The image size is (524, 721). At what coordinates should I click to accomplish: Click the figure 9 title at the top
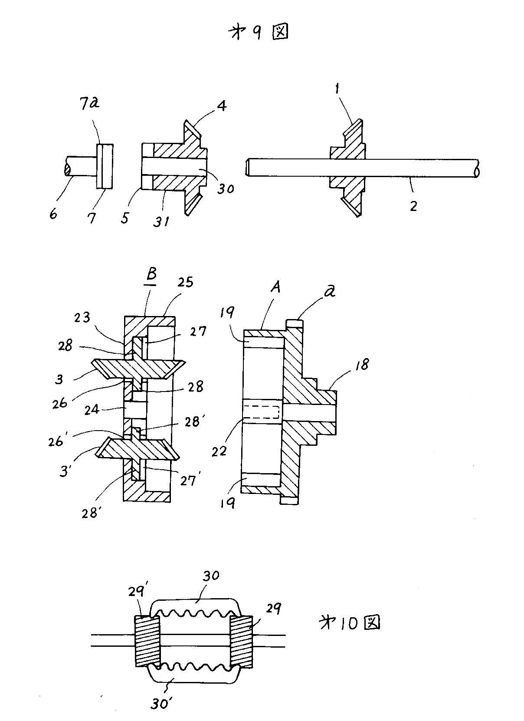pyautogui.click(x=258, y=32)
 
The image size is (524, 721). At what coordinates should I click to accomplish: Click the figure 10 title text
pyautogui.click(x=349, y=623)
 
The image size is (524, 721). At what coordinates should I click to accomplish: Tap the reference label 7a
pyautogui.click(x=89, y=103)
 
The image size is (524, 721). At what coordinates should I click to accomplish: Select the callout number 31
pyautogui.click(x=161, y=221)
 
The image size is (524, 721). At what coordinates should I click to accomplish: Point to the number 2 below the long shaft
pyautogui.click(x=413, y=206)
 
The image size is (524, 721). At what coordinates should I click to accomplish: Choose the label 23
pyautogui.click(x=82, y=318)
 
